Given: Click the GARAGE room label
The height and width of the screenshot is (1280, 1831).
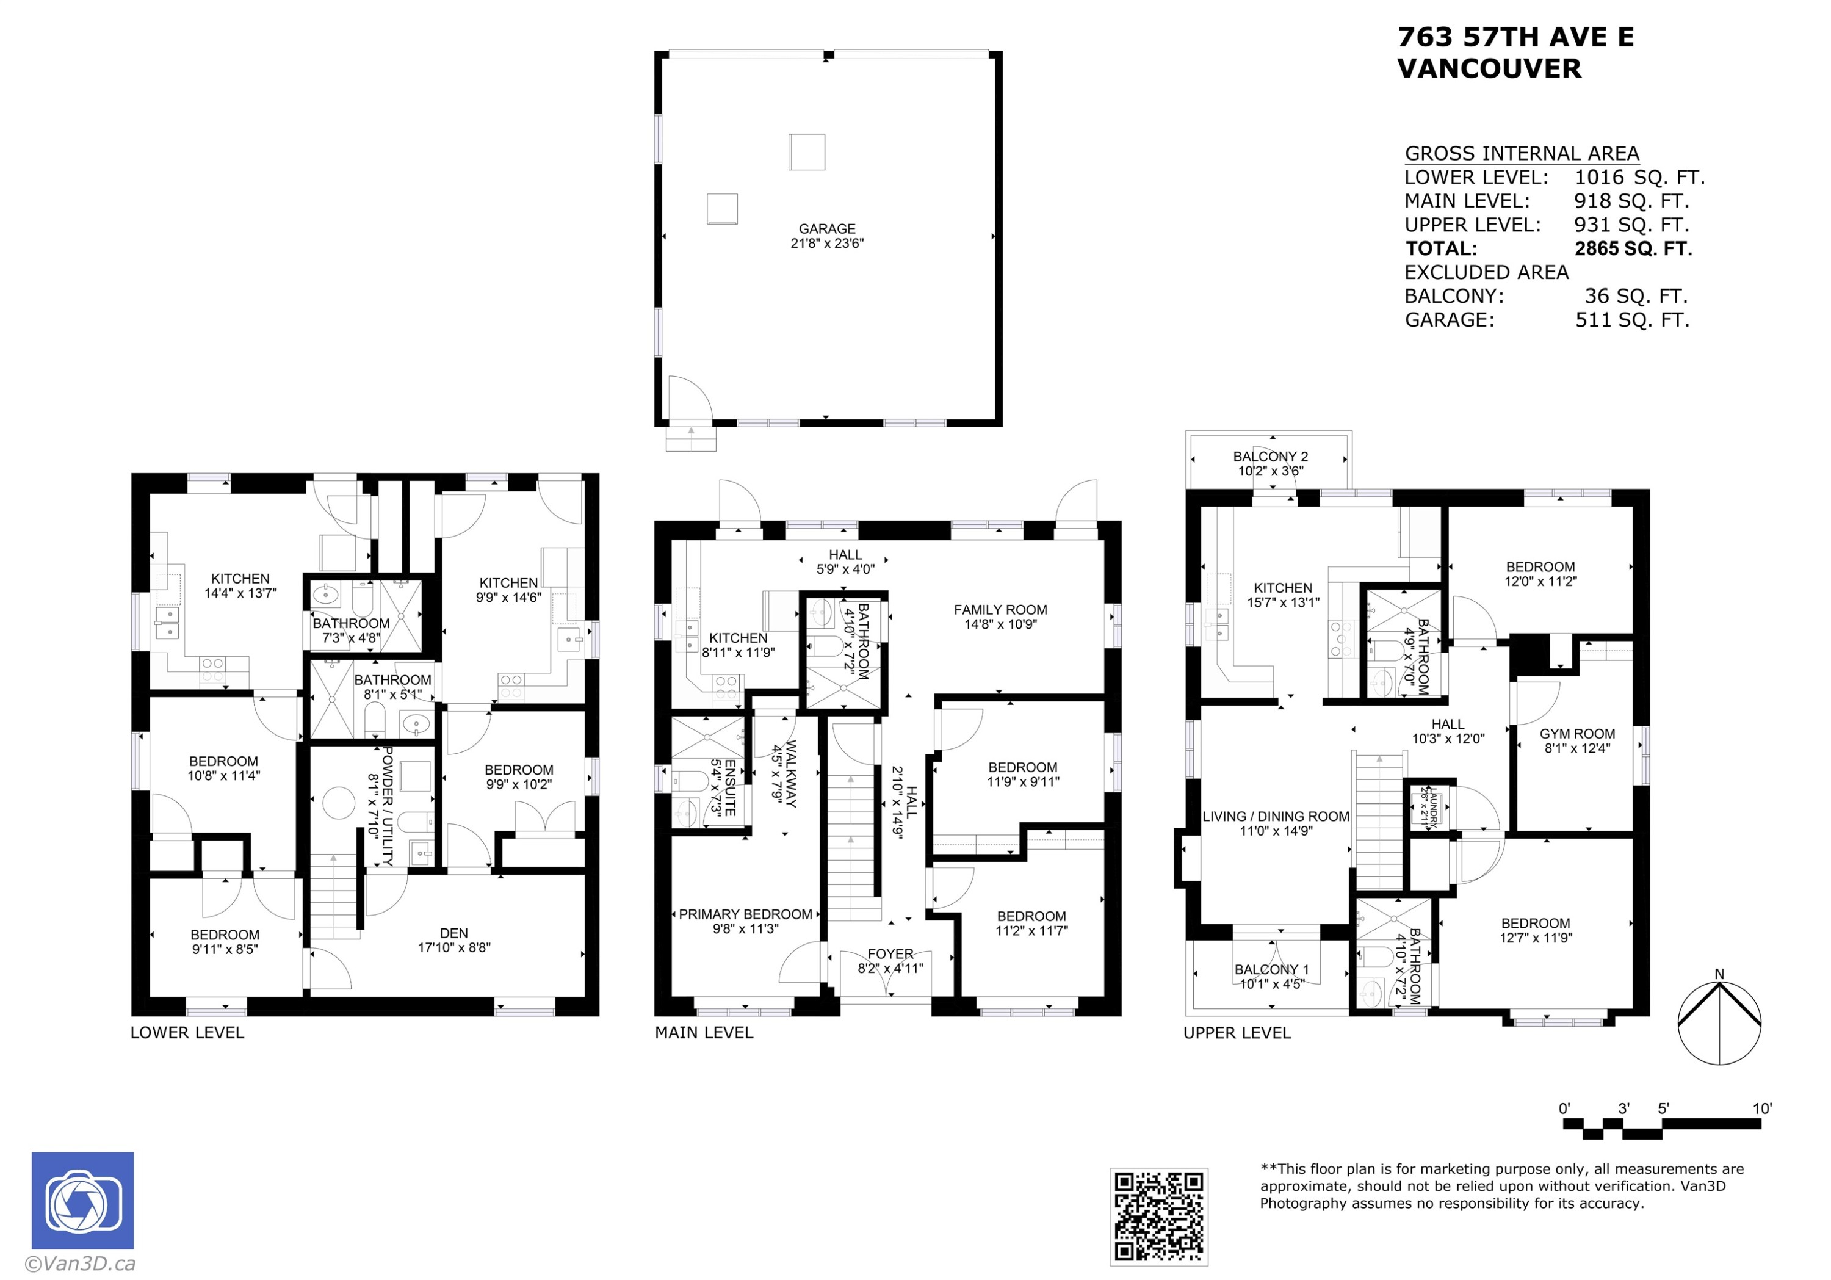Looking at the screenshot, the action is pos(827,229).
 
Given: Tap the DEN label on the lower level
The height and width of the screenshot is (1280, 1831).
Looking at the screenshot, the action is pos(453,933).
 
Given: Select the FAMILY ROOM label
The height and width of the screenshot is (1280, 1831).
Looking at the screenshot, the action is pos(1000,610).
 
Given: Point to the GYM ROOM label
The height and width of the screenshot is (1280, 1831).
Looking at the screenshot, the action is pos(1577,734).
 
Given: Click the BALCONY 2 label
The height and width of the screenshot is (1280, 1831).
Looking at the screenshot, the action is pos(1270,456).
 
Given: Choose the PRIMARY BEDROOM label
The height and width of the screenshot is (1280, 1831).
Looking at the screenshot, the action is pos(746,914).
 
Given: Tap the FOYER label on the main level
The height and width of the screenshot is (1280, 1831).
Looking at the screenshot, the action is pos(890,954).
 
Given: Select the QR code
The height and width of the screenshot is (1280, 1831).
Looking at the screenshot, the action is pos(1159,1216).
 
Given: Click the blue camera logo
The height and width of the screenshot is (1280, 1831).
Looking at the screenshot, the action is pos(83,1199).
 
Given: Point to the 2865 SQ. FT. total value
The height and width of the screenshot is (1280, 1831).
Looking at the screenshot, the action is pos(1633,249).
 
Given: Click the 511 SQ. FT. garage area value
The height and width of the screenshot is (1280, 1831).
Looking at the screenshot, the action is pos(1633,320).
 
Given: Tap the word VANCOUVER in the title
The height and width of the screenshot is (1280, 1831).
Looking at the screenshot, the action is pos(1489,68).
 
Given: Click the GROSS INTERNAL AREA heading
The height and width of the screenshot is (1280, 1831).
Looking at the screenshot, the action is pos(1522,153).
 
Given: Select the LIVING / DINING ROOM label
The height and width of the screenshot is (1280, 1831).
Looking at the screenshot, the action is pos(1276,817).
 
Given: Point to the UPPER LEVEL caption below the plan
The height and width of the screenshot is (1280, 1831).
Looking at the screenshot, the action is pos(1237,1033).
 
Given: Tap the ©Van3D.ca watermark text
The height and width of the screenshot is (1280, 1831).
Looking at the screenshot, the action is pos(80,1264).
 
